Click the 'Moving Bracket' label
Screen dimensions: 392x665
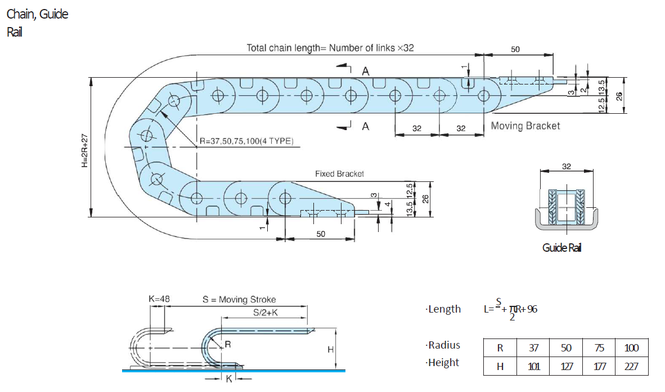click(525, 126)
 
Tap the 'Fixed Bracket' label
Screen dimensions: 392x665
click(339, 174)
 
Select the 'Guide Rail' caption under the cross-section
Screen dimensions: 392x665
click(561, 248)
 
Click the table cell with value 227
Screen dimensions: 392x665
click(631, 367)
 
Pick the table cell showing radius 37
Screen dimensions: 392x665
click(533, 348)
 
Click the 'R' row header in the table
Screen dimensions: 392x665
click(500, 348)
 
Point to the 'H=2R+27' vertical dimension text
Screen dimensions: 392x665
click(84, 151)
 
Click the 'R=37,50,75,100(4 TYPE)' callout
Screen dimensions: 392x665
click(246, 141)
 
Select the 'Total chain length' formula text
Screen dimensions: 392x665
click(330, 48)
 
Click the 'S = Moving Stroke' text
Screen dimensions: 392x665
click(239, 300)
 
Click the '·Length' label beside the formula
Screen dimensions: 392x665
click(443, 309)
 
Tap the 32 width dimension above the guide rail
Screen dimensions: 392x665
click(566, 167)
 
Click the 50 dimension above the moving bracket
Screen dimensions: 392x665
click(515, 50)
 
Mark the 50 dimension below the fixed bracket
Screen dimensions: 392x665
click(320, 234)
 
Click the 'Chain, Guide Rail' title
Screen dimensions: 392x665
click(37, 23)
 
